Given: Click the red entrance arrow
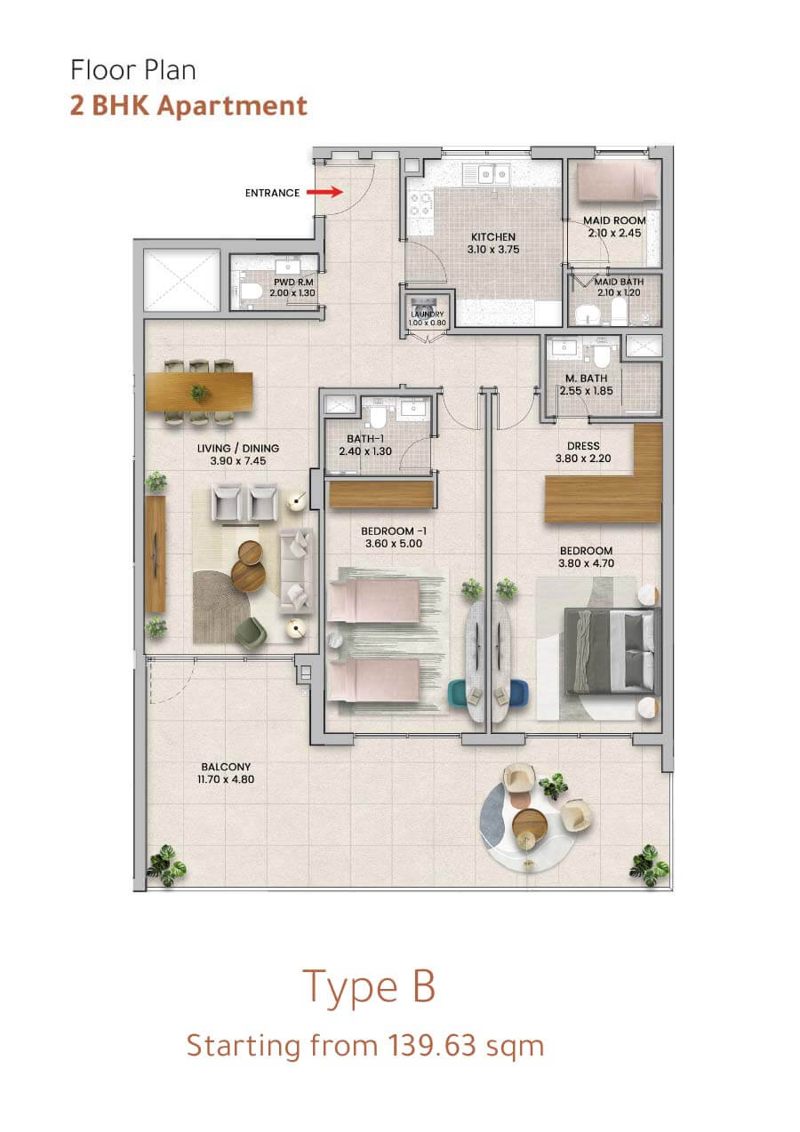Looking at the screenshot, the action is coord(324,192).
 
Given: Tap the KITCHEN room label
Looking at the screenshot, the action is coord(493,236).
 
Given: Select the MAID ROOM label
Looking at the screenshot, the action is coord(614,220).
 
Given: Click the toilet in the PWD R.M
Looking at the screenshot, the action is coord(251,291).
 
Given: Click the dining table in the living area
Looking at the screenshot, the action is coord(199,392).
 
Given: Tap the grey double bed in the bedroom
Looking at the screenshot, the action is coord(612,651).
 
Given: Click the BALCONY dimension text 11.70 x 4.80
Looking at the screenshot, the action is coord(226,779).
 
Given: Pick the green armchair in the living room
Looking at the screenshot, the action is coord(251,634).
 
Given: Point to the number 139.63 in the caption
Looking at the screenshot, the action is coord(432,1046).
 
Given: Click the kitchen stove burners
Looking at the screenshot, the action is coord(421,204).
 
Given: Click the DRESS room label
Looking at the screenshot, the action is coord(583,446).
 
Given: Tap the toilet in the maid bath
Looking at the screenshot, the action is coord(619,312).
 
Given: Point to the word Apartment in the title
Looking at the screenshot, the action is coord(232,107).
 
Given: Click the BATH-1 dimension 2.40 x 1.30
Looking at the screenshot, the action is coord(365,451).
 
